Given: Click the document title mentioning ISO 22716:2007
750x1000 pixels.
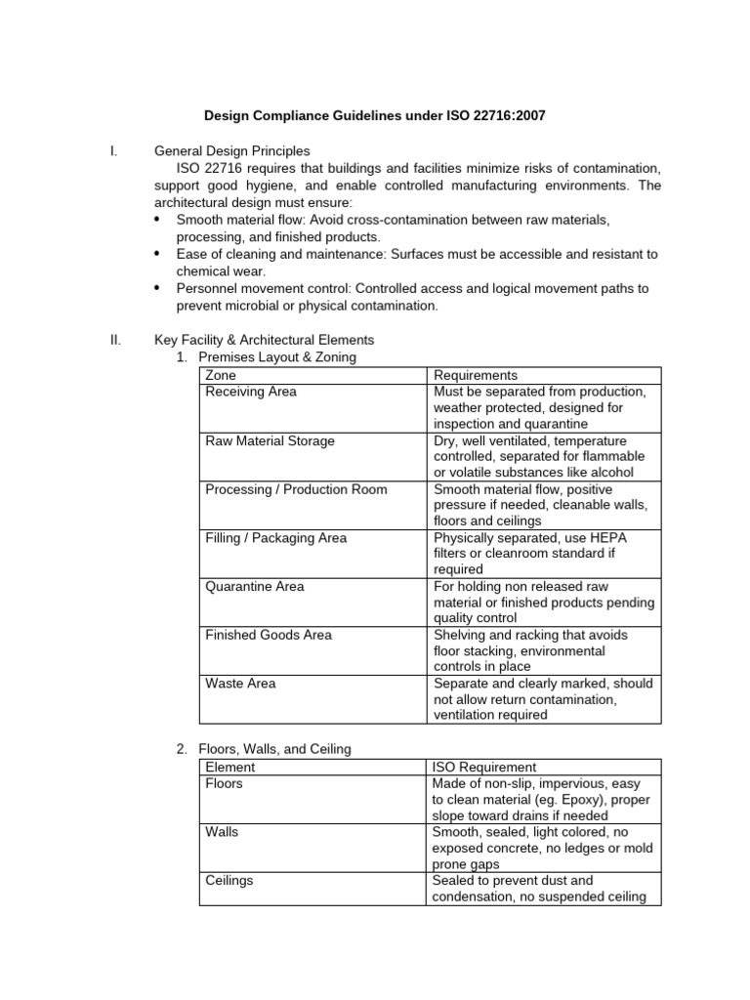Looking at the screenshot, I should (374, 116).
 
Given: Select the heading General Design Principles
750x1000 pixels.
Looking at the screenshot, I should (231, 151).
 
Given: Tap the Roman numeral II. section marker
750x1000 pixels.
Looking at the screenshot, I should (115, 340).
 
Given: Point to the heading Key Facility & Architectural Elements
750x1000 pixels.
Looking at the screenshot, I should (264, 340).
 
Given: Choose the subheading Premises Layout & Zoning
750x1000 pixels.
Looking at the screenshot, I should (277, 357).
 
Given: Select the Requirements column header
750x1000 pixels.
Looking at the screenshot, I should (476, 376).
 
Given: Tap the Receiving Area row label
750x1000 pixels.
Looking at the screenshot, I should (251, 392).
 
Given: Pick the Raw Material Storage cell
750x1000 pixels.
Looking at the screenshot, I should (270, 440).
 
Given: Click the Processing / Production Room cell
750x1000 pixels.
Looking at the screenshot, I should (296, 489).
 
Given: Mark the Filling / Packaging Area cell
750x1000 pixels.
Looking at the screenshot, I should (275, 538).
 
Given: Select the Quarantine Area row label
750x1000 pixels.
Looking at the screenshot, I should (254, 587).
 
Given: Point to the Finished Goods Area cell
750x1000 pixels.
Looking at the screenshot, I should (269, 635).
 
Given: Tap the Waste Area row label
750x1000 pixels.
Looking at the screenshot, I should (240, 684).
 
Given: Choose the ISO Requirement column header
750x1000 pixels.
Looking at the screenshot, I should (484, 768).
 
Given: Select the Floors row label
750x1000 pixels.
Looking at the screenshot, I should (224, 783).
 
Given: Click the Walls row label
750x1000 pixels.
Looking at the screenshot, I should (222, 832).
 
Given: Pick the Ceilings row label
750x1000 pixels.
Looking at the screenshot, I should (229, 880).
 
